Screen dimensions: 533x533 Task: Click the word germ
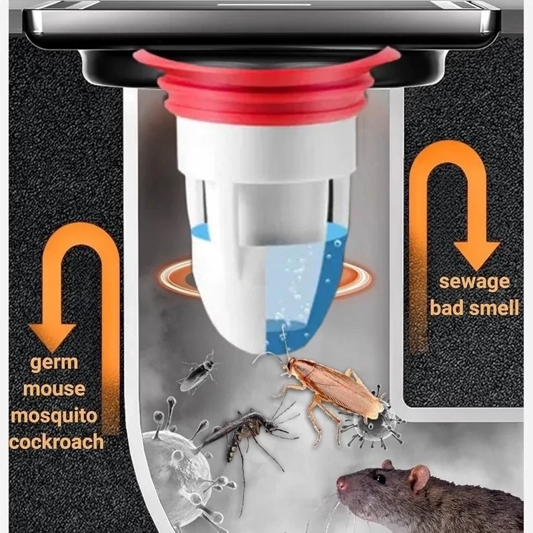click(54, 363)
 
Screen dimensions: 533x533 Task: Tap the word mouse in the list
click(54, 388)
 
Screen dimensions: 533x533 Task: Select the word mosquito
click(54, 416)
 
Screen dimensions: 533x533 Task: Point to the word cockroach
click(57, 442)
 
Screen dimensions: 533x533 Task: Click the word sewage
click(474, 282)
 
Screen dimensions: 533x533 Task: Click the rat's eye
click(379, 478)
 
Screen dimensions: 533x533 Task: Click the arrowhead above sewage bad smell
click(476, 255)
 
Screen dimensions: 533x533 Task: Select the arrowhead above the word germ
click(53, 336)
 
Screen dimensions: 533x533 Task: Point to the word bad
click(443, 308)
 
